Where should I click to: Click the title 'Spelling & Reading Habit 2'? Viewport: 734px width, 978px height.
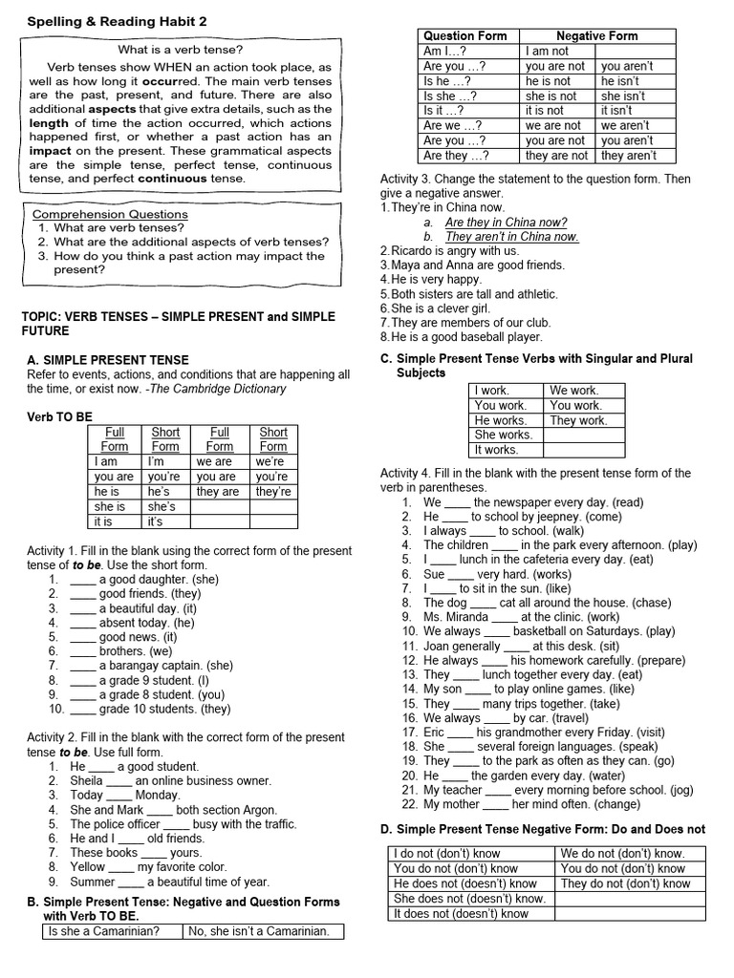118,21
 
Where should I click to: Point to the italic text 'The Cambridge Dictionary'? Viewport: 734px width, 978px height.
226,389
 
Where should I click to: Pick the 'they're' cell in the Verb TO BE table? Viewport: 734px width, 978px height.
273,492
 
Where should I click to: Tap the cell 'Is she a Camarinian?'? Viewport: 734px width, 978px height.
103,931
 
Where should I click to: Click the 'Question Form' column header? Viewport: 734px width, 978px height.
465,36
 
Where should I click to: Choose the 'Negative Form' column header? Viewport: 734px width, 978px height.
597,36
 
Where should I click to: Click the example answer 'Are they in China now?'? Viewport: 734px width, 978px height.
507,222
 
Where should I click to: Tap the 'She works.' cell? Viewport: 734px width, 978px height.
504,435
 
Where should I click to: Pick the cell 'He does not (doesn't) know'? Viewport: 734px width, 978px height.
465,883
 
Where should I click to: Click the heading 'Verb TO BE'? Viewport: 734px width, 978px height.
59,417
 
